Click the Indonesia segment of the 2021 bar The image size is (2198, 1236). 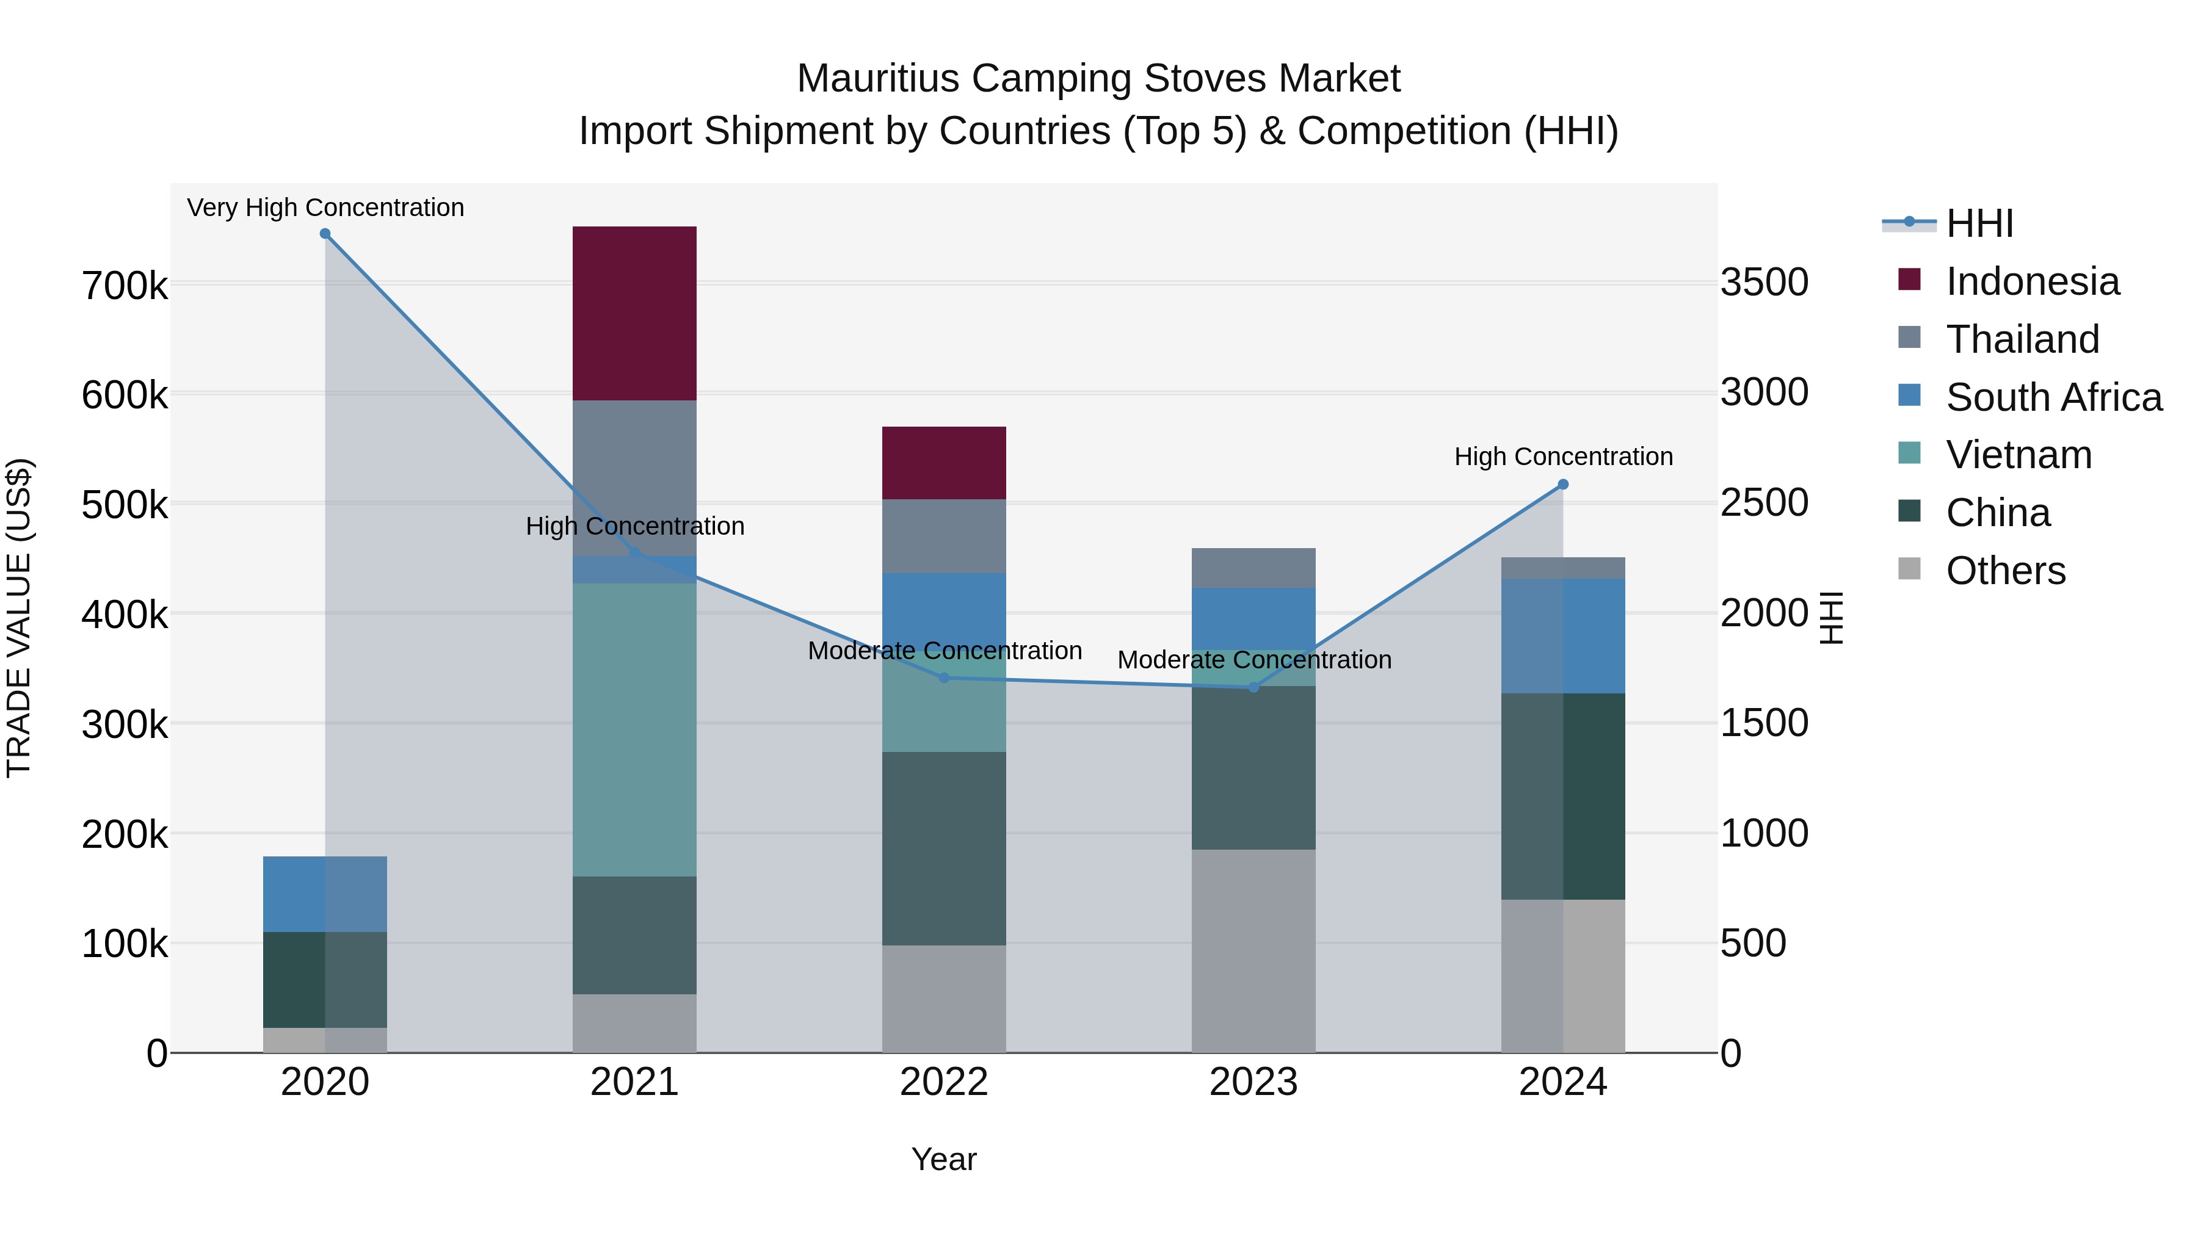click(634, 313)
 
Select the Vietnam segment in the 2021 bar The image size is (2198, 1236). click(634, 729)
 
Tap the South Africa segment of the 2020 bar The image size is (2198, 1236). click(324, 894)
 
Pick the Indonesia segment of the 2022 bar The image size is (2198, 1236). click(944, 462)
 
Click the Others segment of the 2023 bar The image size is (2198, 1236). click(1253, 951)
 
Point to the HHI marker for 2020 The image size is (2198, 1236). click(325, 234)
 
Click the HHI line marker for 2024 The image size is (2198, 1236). click(1563, 485)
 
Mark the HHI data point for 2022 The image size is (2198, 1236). click(944, 678)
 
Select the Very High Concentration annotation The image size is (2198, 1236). click(325, 208)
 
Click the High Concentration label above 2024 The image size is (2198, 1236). click(1563, 457)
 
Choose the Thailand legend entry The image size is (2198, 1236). click(2022, 339)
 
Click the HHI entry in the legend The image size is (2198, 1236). click(1979, 223)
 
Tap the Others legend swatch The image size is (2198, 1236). click(1910, 569)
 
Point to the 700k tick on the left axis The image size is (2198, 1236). click(125, 286)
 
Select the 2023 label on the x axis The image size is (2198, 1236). click(1253, 1082)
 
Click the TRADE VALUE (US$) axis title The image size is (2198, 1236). click(19, 618)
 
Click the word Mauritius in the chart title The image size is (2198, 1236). click(877, 79)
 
